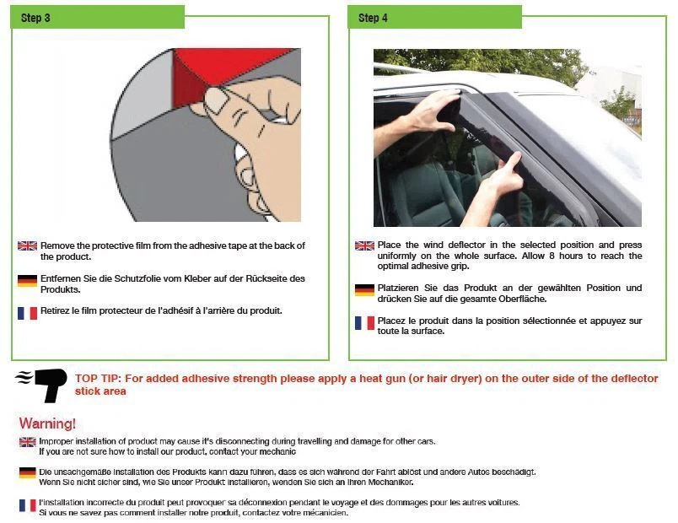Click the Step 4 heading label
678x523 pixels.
[373, 18]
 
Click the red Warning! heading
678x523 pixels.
[47, 423]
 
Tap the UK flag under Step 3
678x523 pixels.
[27, 246]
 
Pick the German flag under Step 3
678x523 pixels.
[27, 280]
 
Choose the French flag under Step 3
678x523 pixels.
[27, 312]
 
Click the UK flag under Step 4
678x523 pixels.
[364, 246]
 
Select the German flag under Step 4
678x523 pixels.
[364, 289]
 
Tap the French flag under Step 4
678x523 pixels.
[364, 322]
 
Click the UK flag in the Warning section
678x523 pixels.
[27, 442]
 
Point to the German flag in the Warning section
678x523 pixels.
[27, 472]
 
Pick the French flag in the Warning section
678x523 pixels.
[27, 504]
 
